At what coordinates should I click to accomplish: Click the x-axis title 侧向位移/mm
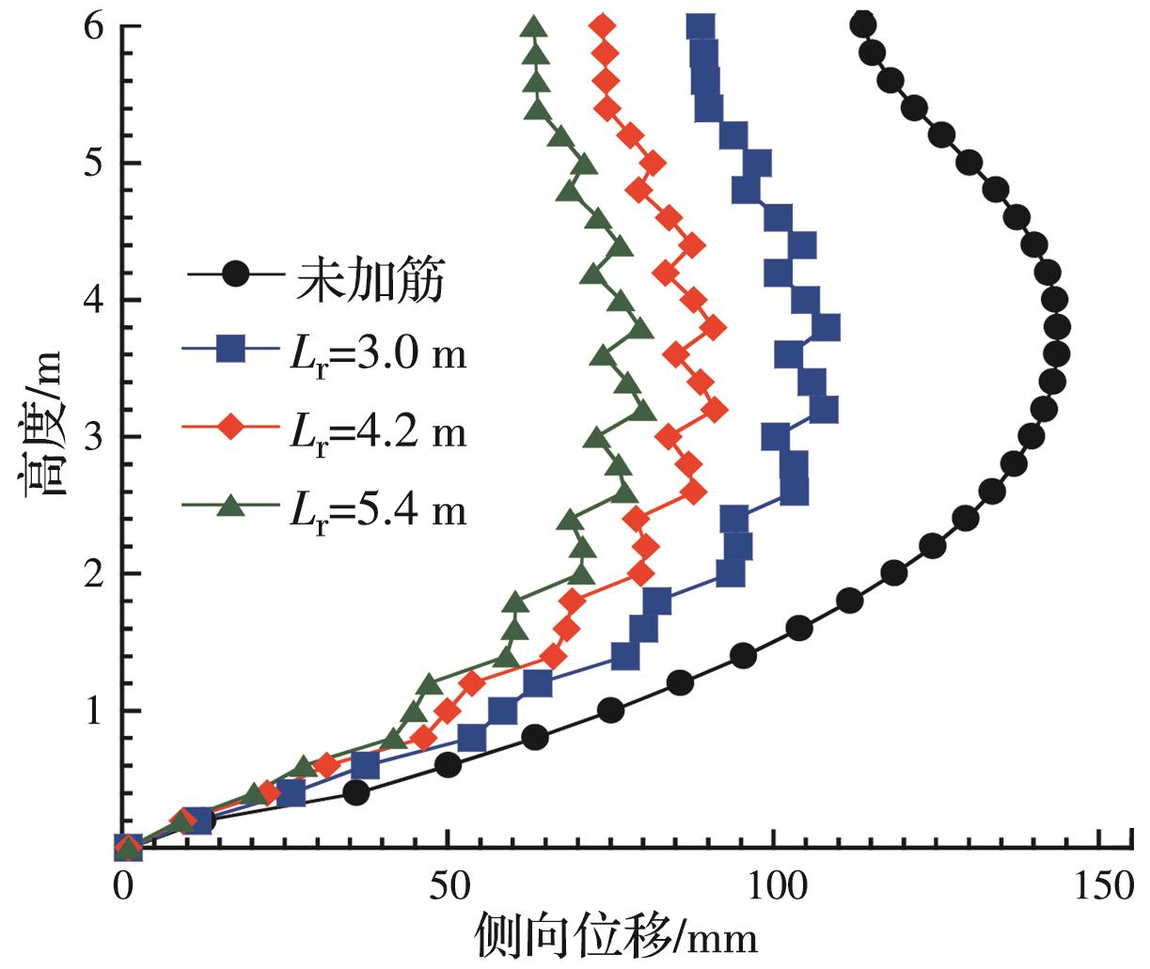tap(616, 936)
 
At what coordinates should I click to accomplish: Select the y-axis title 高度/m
tap(39, 422)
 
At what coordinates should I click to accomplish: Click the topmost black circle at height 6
tap(861, 24)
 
